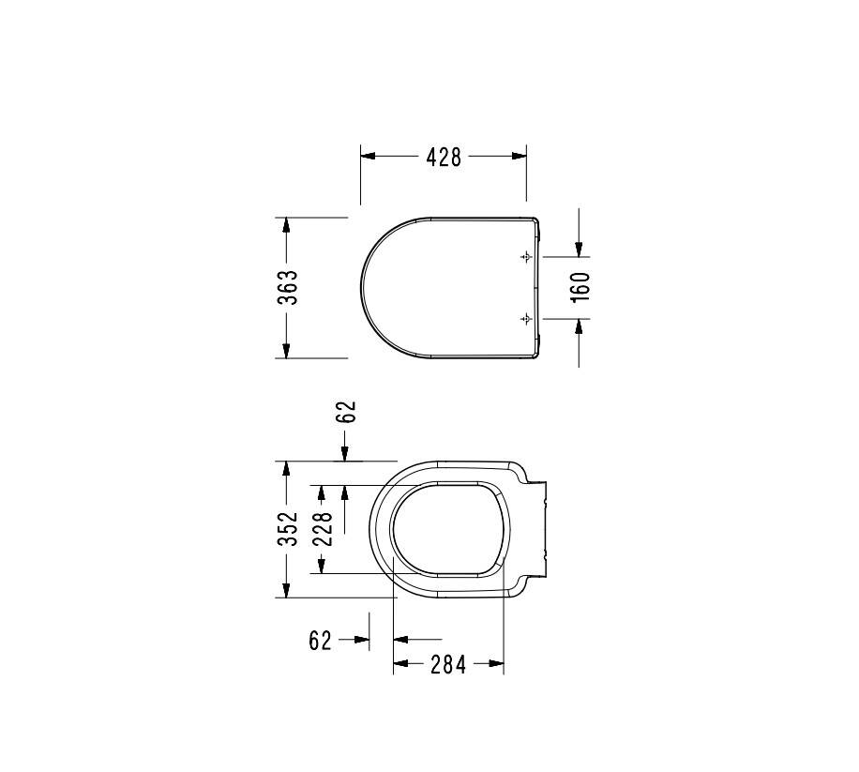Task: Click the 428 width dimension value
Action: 444,158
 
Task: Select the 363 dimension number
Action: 288,287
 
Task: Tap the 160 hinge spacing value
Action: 580,287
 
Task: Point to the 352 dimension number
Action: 288,529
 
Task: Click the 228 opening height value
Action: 322,529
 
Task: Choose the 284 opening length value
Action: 448,665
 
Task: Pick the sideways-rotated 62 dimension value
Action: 346,412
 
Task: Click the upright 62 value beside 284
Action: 321,640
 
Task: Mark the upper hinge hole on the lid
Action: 526,256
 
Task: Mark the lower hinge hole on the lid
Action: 526,318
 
